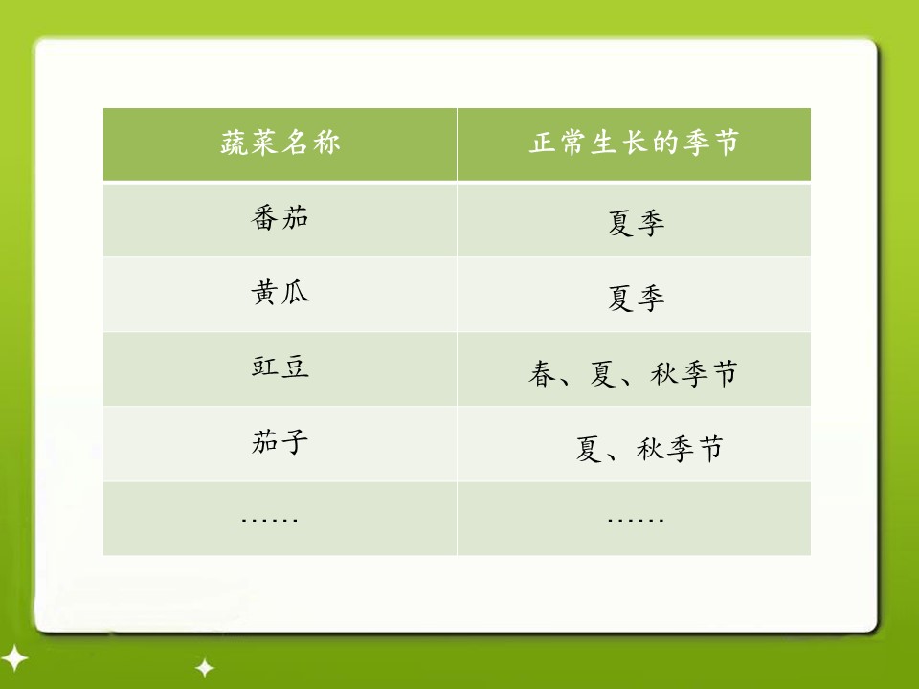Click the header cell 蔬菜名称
(x=280, y=144)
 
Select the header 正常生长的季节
(x=634, y=144)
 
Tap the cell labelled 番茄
(x=280, y=218)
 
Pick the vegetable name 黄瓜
(x=280, y=293)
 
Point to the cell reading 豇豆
(x=280, y=367)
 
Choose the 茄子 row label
(x=280, y=443)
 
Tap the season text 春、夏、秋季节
(x=634, y=373)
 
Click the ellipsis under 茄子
(x=270, y=520)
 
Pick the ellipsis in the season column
(x=636, y=520)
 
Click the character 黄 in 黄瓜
(x=264, y=293)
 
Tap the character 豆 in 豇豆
(x=295, y=367)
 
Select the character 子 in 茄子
(x=295, y=443)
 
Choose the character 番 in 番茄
(x=264, y=218)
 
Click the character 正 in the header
(x=544, y=144)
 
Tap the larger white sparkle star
(x=13, y=659)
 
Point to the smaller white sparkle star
(x=204, y=667)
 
